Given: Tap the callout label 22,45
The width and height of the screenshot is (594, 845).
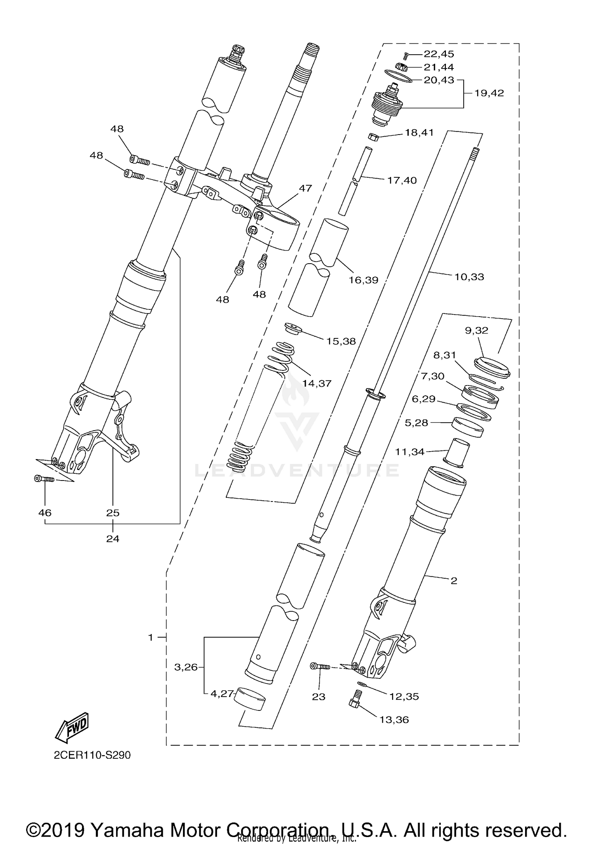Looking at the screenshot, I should [439, 54].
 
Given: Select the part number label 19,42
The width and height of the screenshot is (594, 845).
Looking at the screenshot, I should [489, 93].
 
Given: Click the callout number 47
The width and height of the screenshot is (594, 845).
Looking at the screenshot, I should [305, 188].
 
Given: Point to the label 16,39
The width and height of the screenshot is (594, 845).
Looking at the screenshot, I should [363, 280].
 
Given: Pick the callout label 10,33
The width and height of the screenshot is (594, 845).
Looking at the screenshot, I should [469, 277].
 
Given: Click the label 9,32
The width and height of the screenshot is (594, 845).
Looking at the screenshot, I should [476, 330].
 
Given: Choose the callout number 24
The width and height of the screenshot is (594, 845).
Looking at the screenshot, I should [112, 539].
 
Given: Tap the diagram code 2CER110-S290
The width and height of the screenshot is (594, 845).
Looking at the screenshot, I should [92, 755].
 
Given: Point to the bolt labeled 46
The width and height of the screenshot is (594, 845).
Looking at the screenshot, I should [44, 479].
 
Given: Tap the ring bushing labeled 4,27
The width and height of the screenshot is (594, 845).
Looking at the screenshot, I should [249, 701].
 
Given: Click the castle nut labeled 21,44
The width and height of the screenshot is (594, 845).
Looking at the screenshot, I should [402, 67].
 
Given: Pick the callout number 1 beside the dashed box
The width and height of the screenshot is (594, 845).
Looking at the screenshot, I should [150, 638].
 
